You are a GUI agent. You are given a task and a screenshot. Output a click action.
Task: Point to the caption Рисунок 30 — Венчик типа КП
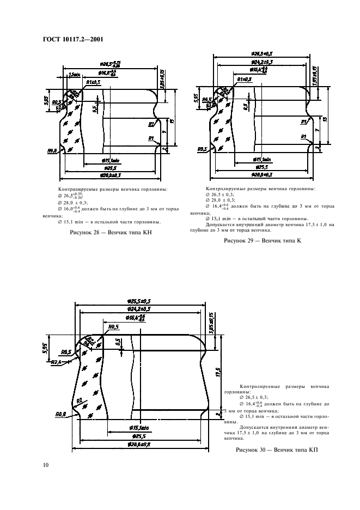point(276,451)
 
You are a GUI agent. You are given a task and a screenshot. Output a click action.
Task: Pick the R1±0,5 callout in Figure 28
point(94,82)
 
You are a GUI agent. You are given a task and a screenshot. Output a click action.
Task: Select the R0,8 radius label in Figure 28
point(53,150)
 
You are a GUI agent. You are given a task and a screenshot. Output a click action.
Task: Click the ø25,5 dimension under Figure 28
point(111,168)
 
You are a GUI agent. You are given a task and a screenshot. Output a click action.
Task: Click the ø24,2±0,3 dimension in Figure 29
point(261,63)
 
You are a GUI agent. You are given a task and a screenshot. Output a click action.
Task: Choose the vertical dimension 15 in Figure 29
point(325,119)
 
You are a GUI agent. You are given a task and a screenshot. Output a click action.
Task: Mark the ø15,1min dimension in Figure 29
point(263,160)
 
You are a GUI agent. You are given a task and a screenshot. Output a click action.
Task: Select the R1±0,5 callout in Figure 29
point(245,80)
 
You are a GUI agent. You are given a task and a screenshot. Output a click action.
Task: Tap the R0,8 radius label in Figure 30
point(61,415)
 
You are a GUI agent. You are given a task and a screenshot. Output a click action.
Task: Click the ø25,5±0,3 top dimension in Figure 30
point(139,301)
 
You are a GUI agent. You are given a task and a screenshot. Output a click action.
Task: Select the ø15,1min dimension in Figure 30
point(141,429)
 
